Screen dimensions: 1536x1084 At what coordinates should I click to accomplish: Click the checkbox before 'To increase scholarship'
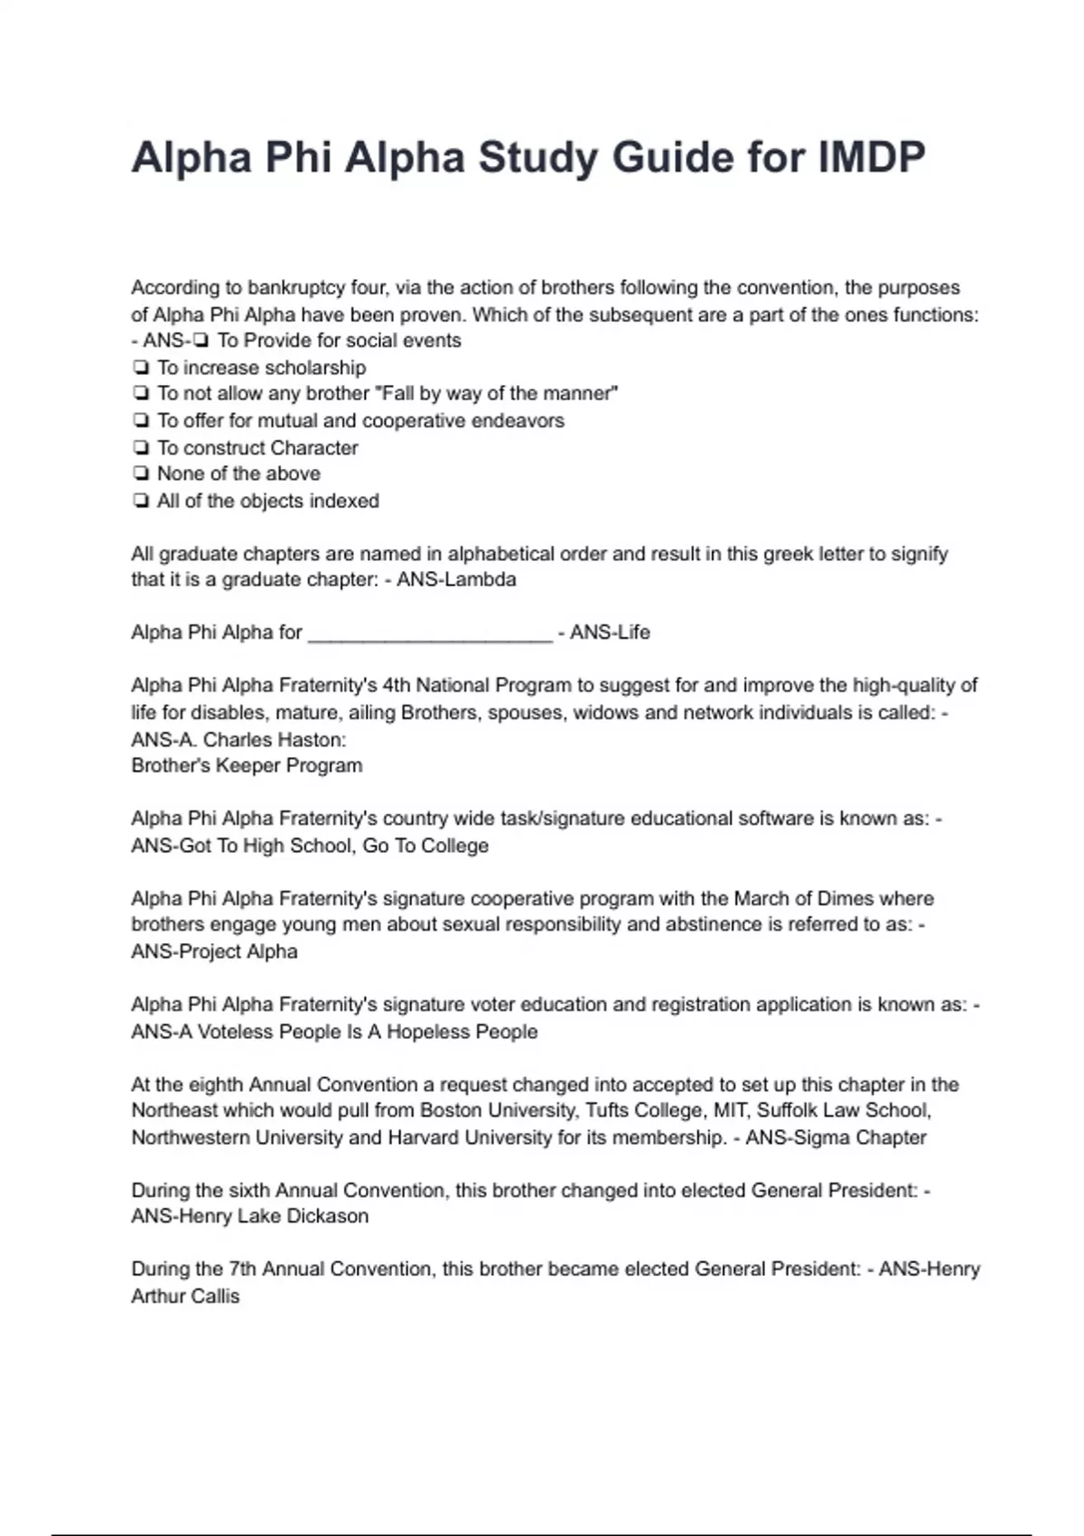click(x=140, y=368)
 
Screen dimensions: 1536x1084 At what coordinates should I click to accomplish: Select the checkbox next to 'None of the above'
click(x=140, y=473)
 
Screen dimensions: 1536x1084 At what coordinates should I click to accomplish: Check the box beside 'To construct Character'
click(x=140, y=447)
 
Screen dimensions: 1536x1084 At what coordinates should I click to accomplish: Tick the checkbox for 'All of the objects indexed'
click(x=140, y=501)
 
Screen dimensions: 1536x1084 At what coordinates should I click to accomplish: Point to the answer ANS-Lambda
click(x=456, y=580)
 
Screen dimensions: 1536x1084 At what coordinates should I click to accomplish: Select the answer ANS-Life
click(x=610, y=632)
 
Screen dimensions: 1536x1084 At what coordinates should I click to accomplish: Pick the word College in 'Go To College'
click(x=455, y=847)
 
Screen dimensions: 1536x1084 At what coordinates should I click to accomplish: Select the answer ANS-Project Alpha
click(x=214, y=951)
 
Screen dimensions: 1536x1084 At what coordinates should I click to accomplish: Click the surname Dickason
click(x=323, y=1216)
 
